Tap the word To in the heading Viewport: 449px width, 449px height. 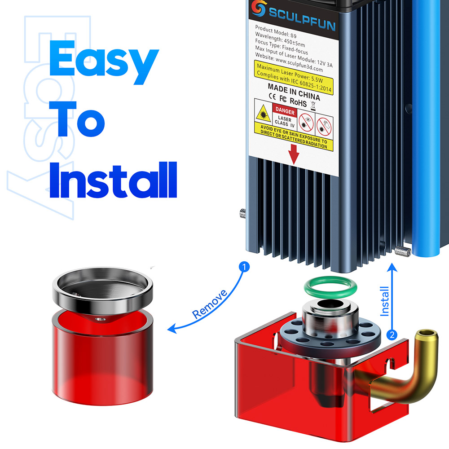[x=77, y=119]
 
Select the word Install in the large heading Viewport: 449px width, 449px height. [x=113, y=180]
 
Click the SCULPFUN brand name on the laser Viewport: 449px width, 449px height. [x=302, y=19]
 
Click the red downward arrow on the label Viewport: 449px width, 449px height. [x=294, y=154]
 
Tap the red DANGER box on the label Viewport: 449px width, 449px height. [x=285, y=110]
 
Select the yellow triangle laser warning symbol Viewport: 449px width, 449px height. [x=263, y=114]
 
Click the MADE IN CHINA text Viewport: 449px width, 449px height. [x=294, y=92]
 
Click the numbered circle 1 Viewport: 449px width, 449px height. [x=244, y=267]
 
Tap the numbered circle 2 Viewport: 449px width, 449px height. [x=392, y=335]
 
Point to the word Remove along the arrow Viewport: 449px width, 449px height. [x=210, y=304]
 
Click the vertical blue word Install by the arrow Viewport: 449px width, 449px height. [x=384, y=301]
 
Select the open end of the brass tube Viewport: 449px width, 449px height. [x=427, y=334]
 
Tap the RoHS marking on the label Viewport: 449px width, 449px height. [x=298, y=101]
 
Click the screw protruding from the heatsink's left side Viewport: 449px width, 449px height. [x=243, y=213]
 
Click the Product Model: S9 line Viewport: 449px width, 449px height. [x=276, y=31]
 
